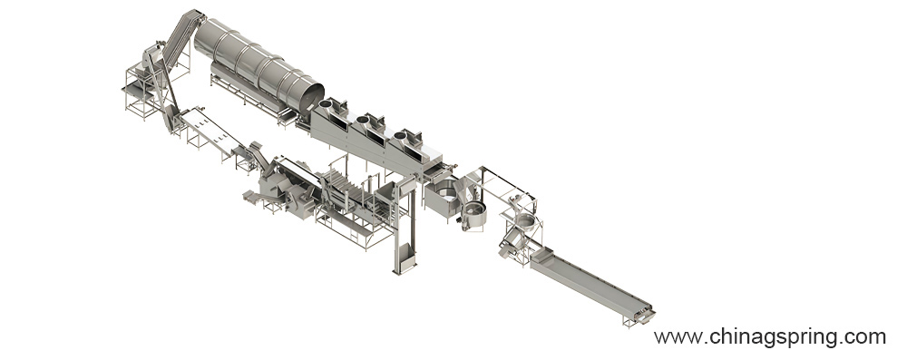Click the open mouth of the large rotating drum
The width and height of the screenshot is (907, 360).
(310, 97)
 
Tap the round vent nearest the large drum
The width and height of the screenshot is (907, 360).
(327, 105)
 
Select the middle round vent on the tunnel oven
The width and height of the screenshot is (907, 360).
(364, 120)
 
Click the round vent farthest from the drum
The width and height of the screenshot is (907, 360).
(400, 135)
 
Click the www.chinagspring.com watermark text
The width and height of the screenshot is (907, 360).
(770, 336)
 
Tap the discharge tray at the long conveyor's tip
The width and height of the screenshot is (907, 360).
(644, 316)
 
